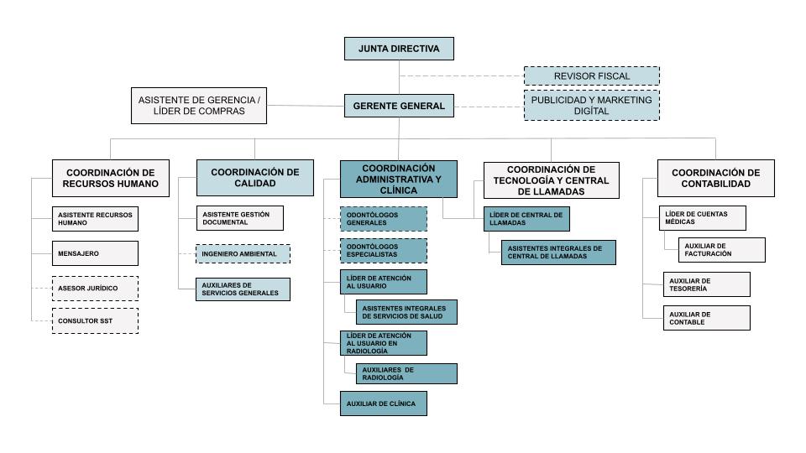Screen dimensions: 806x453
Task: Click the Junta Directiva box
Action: [x=399, y=49]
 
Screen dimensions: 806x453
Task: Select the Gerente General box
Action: [x=399, y=106]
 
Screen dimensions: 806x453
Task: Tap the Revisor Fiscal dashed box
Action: [x=592, y=76]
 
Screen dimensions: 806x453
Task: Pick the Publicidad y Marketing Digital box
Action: [x=592, y=106]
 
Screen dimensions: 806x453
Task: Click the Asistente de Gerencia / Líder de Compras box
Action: [x=199, y=106]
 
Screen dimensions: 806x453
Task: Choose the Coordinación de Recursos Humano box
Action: [x=111, y=178]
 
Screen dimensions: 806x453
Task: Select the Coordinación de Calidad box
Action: [x=255, y=178]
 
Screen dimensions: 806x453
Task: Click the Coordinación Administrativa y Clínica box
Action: [x=398, y=180]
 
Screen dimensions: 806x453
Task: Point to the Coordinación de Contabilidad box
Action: [x=716, y=178]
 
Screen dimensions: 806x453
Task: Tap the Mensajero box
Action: [x=95, y=253]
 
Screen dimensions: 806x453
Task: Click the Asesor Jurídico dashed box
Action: [x=95, y=289]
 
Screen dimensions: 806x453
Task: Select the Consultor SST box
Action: [x=95, y=321]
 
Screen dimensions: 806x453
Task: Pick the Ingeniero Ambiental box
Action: [x=243, y=254]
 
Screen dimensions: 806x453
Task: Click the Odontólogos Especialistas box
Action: [x=384, y=251]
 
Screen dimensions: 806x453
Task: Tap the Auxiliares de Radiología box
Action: [x=406, y=373]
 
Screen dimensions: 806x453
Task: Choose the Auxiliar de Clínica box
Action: [x=384, y=404]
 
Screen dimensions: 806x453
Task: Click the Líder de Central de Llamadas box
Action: [x=526, y=219]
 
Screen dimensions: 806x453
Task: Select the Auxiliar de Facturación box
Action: [x=722, y=250]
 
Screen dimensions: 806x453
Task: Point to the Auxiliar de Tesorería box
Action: [x=707, y=284]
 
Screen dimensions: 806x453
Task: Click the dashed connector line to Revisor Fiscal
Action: [x=462, y=76]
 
